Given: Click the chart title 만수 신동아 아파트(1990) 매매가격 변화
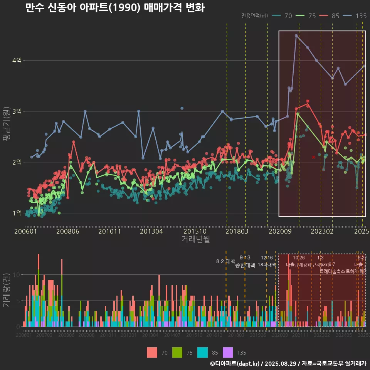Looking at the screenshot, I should click(x=115, y=8).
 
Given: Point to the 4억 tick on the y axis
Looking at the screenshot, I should click(x=17, y=61).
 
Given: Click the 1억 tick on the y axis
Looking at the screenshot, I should click(x=17, y=213).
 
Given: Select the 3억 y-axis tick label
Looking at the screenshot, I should click(x=17, y=111).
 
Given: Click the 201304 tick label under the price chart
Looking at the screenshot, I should click(x=151, y=232).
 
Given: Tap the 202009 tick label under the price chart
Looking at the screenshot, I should click(x=279, y=232).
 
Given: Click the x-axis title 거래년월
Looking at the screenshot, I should click(x=195, y=239).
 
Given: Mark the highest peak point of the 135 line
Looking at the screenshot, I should click(x=296, y=35).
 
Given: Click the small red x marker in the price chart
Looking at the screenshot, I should click(x=313, y=157).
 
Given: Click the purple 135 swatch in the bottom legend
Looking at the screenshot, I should click(x=228, y=352).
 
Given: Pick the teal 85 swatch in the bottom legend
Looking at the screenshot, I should click(x=203, y=352).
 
